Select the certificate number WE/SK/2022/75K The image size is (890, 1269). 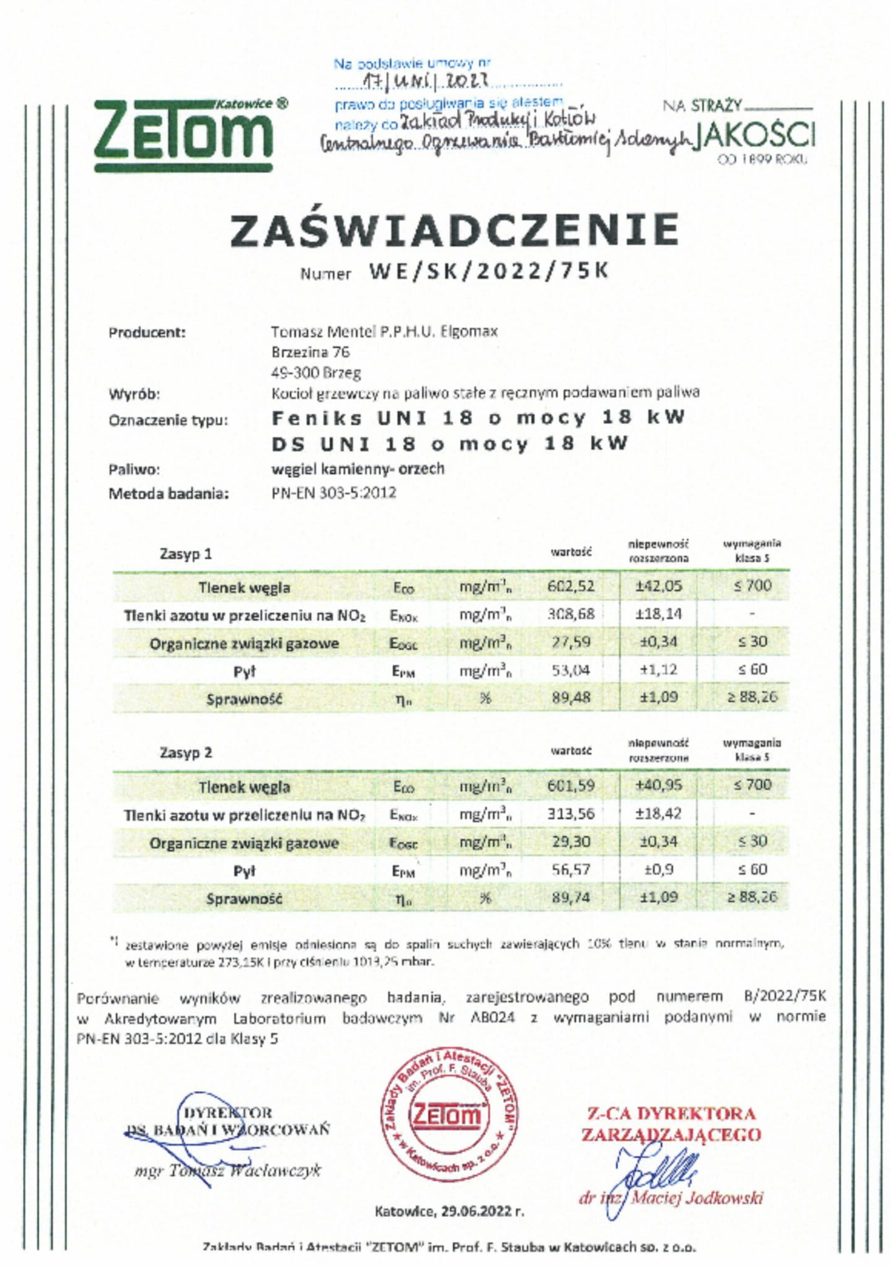[x=489, y=271]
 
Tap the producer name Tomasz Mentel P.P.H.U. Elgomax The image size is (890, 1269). [x=384, y=332]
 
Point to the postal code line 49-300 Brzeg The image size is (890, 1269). [x=316, y=373]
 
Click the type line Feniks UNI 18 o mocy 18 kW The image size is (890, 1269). [x=478, y=418]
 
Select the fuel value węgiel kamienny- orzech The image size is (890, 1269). [x=358, y=468]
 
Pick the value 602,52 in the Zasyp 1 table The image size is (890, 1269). [x=570, y=586]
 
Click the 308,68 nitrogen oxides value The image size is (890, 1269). [x=570, y=614]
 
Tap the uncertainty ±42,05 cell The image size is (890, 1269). [x=658, y=586]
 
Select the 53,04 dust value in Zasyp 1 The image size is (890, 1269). [x=570, y=670]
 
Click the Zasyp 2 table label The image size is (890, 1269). [x=186, y=752]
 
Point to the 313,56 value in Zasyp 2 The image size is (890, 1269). [x=570, y=813]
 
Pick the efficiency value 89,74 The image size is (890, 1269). [x=570, y=897]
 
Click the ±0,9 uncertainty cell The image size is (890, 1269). [x=658, y=869]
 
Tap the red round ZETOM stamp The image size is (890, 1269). [x=449, y=1116]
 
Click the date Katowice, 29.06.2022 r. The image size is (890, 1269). [x=449, y=1211]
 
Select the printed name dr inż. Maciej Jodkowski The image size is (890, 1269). [x=672, y=1198]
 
